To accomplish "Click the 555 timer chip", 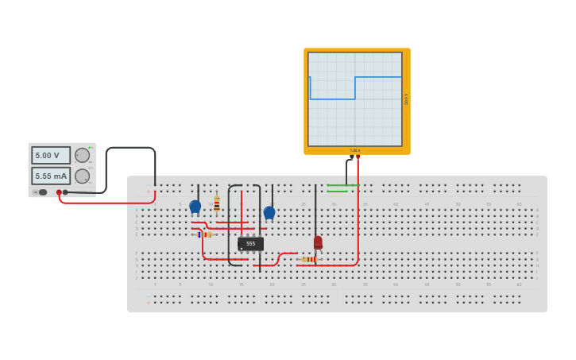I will pyautogui.click(x=250, y=244).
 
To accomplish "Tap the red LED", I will pyautogui.click(x=318, y=242).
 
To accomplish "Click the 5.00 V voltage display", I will pyautogui.click(x=51, y=155).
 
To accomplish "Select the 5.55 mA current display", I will pyautogui.click(x=51, y=176).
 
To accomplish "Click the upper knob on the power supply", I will pyautogui.click(x=82, y=155).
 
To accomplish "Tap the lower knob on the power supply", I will pyautogui.click(x=82, y=176).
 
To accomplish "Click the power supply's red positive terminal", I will pyautogui.click(x=59, y=192).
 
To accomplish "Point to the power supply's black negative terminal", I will pyautogui.click(x=65, y=192).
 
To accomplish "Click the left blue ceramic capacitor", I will pyautogui.click(x=195, y=207).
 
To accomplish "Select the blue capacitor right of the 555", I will pyautogui.click(x=269, y=212).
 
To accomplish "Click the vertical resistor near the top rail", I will pyautogui.click(x=216, y=204).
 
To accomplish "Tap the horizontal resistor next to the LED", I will pyautogui.click(x=308, y=259).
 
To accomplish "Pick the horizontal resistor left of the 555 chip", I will pyautogui.click(x=205, y=234).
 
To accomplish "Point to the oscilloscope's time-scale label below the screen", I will pyautogui.click(x=355, y=150).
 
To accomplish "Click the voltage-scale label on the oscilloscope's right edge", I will pyautogui.click(x=406, y=99).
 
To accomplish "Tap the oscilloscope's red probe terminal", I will pyautogui.click(x=358, y=157).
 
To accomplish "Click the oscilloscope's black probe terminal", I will pyautogui.click(x=351, y=157).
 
